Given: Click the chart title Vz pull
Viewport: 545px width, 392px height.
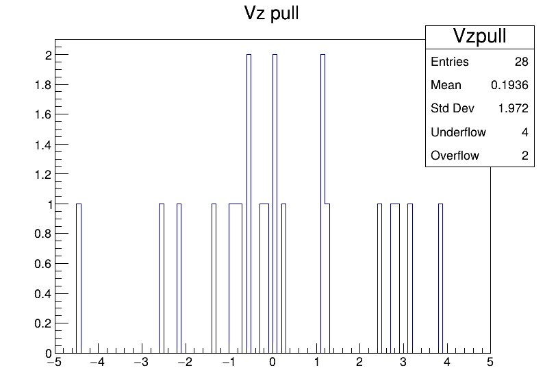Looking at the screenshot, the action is click(271, 13).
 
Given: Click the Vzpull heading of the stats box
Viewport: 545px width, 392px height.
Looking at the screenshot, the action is click(479, 36).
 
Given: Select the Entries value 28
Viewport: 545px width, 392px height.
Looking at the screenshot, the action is click(521, 62).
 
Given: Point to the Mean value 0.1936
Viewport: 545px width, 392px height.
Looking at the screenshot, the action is click(509, 85).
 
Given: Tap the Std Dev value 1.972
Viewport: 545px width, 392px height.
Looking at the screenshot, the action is click(514, 108).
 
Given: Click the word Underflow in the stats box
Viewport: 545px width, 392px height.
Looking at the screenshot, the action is click(458, 132).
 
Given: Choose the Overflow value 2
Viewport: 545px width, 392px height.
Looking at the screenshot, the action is click(525, 156).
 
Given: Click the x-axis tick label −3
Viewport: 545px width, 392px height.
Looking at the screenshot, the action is click(141, 363).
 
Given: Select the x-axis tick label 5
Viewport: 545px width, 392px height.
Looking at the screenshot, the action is click(490, 363).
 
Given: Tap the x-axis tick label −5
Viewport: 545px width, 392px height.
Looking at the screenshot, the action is click(54, 363).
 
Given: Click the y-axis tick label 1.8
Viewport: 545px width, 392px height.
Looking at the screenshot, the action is click(42, 85).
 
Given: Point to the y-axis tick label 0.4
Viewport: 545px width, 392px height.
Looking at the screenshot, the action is click(42, 294).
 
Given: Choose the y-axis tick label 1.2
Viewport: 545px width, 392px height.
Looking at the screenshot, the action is click(42, 174).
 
